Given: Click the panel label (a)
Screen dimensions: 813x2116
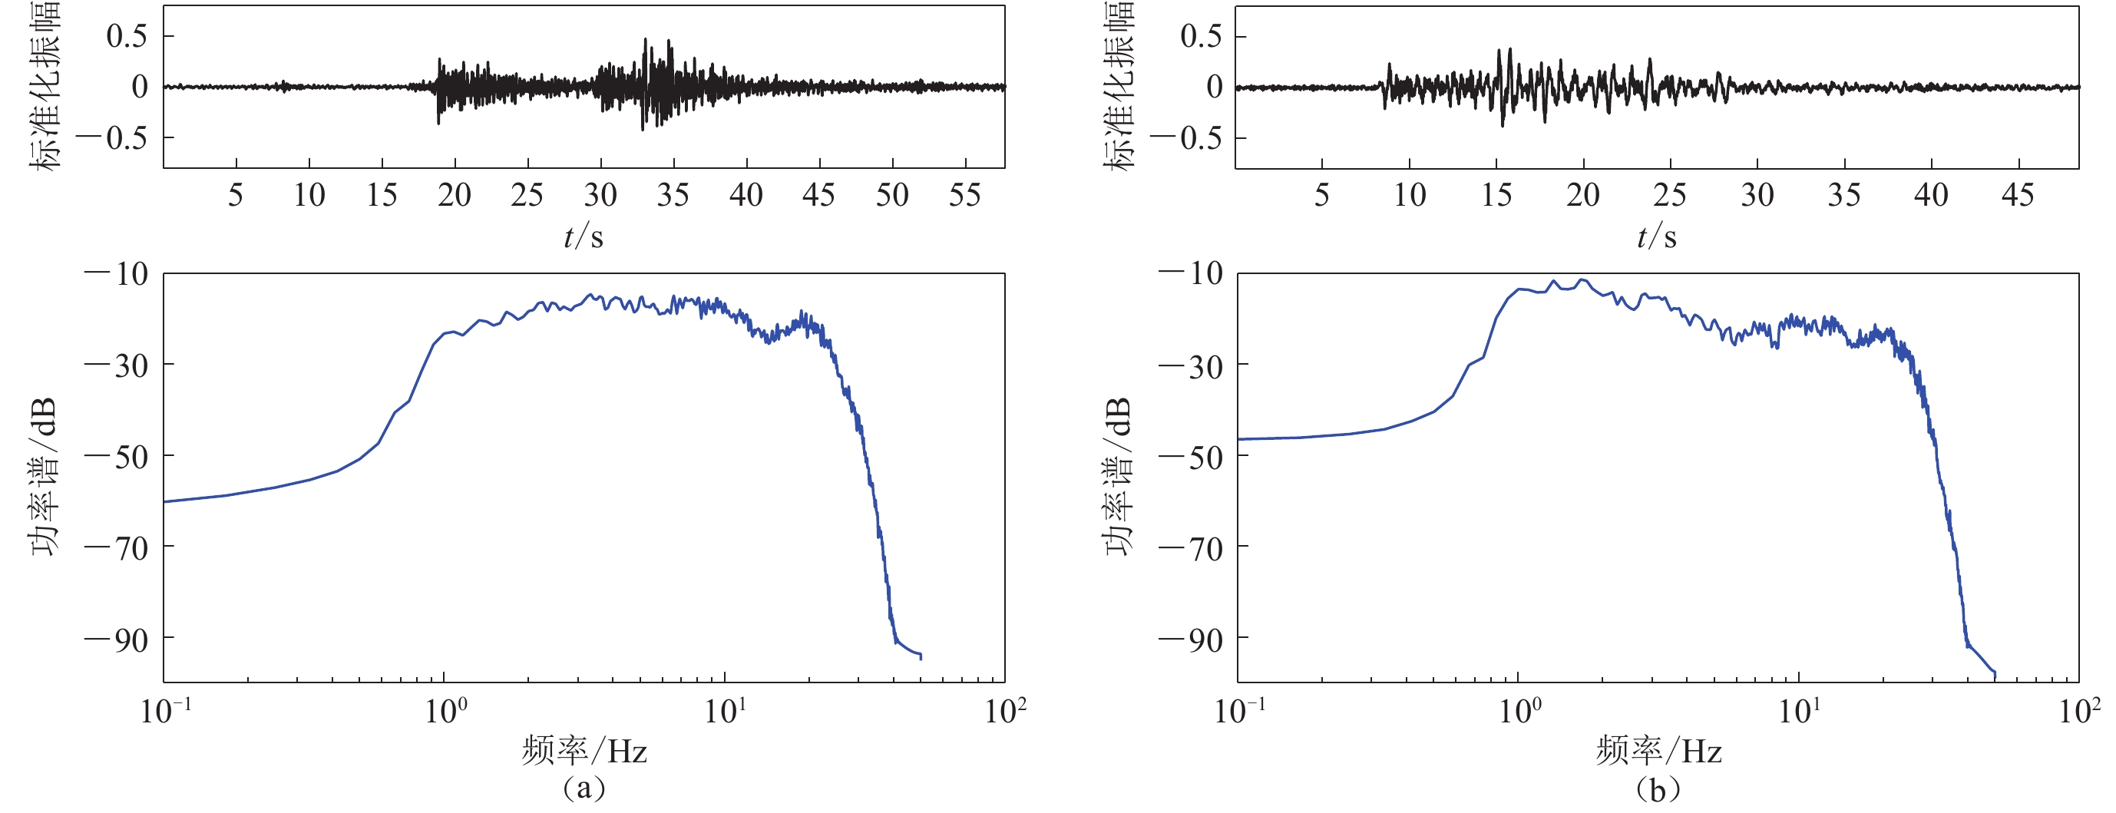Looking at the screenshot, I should [x=584, y=789].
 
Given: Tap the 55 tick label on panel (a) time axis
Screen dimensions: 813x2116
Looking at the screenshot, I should [x=964, y=196].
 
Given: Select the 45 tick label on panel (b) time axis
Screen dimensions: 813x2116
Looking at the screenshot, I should [x=2018, y=196].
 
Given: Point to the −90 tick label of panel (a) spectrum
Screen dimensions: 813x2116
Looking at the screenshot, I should [x=117, y=639].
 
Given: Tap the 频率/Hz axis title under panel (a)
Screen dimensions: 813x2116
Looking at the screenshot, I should [x=584, y=751].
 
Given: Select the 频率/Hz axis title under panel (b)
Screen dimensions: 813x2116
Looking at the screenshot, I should [x=1658, y=751].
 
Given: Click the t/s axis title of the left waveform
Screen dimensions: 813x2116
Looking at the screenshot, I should [x=584, y=237].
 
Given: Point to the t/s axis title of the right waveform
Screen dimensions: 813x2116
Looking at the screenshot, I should [x=1657, y=237].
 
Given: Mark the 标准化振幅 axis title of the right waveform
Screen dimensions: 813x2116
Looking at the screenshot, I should [x=1118, y=86].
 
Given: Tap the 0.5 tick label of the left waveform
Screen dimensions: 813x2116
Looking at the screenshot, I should [x=127, y=36].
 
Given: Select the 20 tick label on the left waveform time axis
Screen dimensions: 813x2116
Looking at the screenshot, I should [x=455, y=196].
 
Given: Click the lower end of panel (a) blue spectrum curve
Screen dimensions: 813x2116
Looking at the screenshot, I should [x=921, y=657].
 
